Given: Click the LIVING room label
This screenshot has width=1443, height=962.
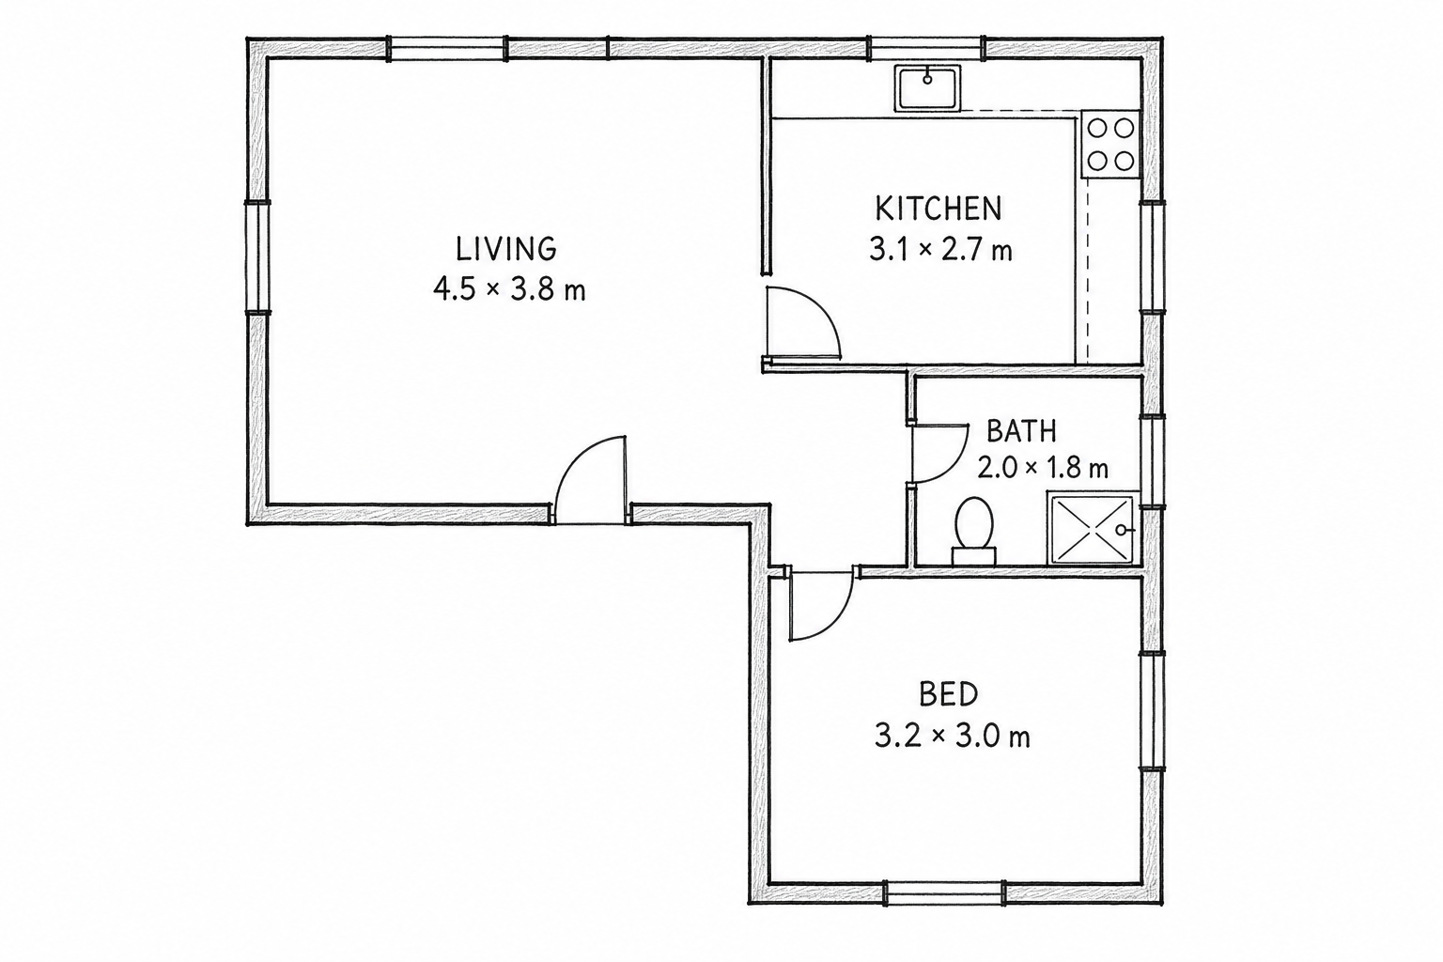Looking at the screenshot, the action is click(505, 249).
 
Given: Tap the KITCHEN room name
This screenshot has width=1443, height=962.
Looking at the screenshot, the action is click(939, 209).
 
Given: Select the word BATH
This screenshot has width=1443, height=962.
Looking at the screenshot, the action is click(1022, 431).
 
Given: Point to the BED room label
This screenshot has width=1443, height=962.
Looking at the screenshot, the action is click(948, 694).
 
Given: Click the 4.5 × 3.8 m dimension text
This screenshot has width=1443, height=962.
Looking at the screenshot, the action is click(509, 289).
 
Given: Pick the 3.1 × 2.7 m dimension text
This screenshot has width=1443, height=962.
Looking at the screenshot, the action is click(940, 249).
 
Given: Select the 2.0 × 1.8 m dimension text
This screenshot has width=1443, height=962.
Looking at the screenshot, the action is click(1042, 467).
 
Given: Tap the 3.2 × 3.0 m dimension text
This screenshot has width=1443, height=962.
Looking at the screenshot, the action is click(952, 736).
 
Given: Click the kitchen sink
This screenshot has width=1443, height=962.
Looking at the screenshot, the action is click(927, 88).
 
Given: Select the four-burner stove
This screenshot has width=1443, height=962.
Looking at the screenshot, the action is click(1110, 145).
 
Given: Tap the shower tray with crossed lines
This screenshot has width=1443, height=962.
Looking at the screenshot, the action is click(1093, 528).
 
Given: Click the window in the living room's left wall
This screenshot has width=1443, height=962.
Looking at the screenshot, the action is click(257, 257).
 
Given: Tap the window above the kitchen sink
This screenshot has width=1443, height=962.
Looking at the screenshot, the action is click(927, 48).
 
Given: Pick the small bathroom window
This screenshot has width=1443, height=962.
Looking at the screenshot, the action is click(1153, 462).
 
